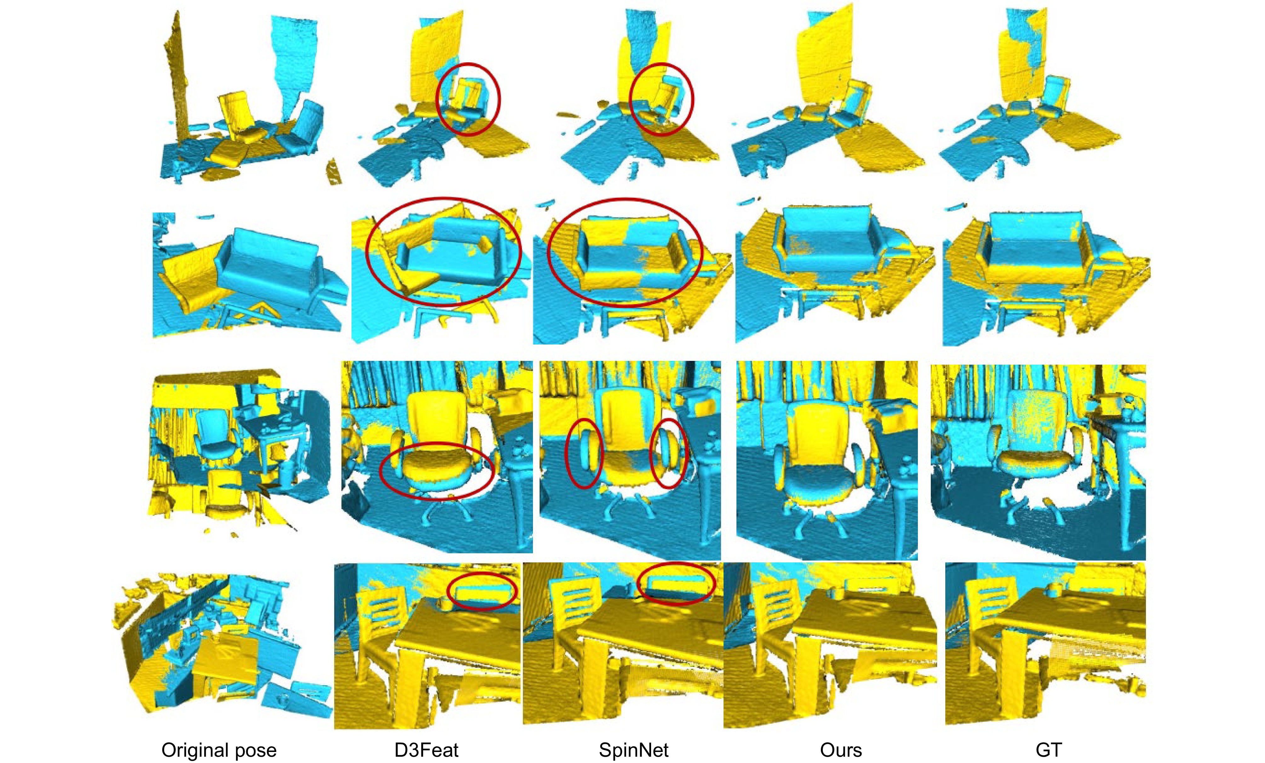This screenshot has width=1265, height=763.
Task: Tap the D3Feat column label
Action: click(426, 750)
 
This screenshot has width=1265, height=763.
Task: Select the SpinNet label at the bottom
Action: click(633, 750)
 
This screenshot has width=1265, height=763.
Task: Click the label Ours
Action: click(840, 750)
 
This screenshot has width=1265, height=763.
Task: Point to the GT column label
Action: click(1048, 750)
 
